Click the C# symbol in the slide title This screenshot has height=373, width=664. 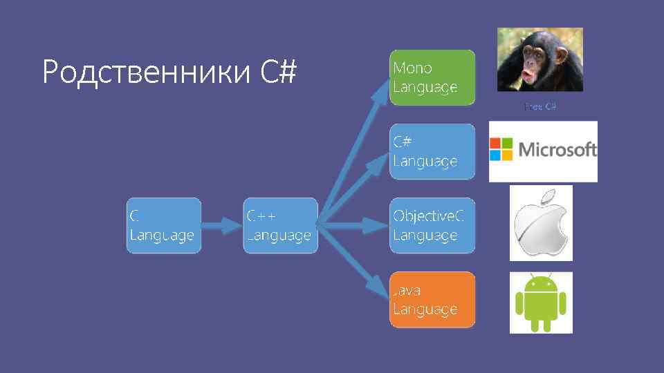pyautogui.click(x=279, y=72)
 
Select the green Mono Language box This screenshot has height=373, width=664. pyautogui.click(x=432, y=77)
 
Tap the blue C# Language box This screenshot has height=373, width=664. pyautogui.click(x=432, y=151)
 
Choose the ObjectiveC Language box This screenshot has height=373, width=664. pyautogui.click(x=432, y=225)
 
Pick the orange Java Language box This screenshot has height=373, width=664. pyautogui.click(x=432, y=299)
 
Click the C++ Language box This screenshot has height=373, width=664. pyautogui.click(x=280, y=225)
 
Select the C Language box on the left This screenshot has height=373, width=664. pyautogui.click(x=163, y=225)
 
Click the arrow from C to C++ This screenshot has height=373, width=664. pyautogui.click(x=221, y=224)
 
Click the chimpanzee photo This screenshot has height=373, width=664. pyautogui.click(x=539, y=59)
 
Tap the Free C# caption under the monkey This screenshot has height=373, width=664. pyautogui.click(x=540, y=107)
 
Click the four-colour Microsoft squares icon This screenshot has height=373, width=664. pyautogui.click(x=501, y=149)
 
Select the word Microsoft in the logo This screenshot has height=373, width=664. pyautogui.click(x=557, y=149)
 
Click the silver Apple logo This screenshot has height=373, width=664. pyautogui.click(x=541, y=228)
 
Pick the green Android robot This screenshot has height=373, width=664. pyautogui.click(x=541, y=302)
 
